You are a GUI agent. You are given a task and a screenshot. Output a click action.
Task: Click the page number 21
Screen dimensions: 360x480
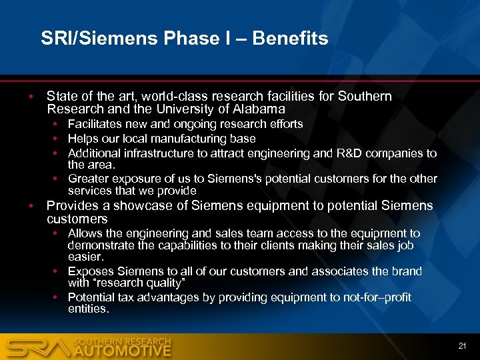tap(462, 345)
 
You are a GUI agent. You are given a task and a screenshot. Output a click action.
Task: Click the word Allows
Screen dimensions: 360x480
tap(85, 233)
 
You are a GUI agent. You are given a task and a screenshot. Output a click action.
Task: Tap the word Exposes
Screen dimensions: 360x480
tap(90, 271)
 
